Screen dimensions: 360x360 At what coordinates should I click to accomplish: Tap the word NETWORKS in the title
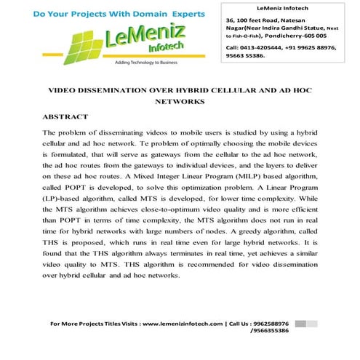pyautogui.click(x=180, y=103)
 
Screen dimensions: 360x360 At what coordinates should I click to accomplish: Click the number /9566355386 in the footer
pyautogui.click(x=266, y=331)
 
